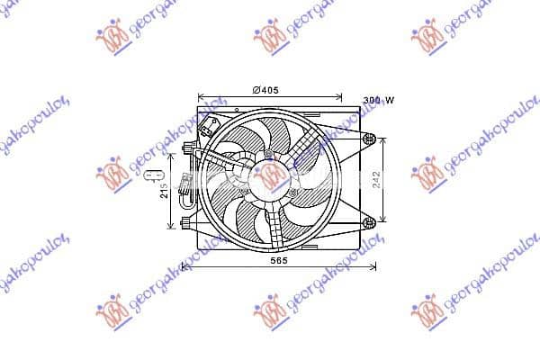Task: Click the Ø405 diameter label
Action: [x=265, y=89]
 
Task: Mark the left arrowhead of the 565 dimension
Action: [x=184, y=265]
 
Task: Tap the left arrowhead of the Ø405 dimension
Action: [x=201, y=96]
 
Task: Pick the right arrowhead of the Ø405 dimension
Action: [x=339, y=96]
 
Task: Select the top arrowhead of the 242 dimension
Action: [x=385, y=140]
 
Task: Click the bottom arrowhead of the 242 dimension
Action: [x=385, y=220]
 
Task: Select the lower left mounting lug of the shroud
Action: [x=185, y=220]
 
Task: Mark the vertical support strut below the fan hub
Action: [x=270, y=220]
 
